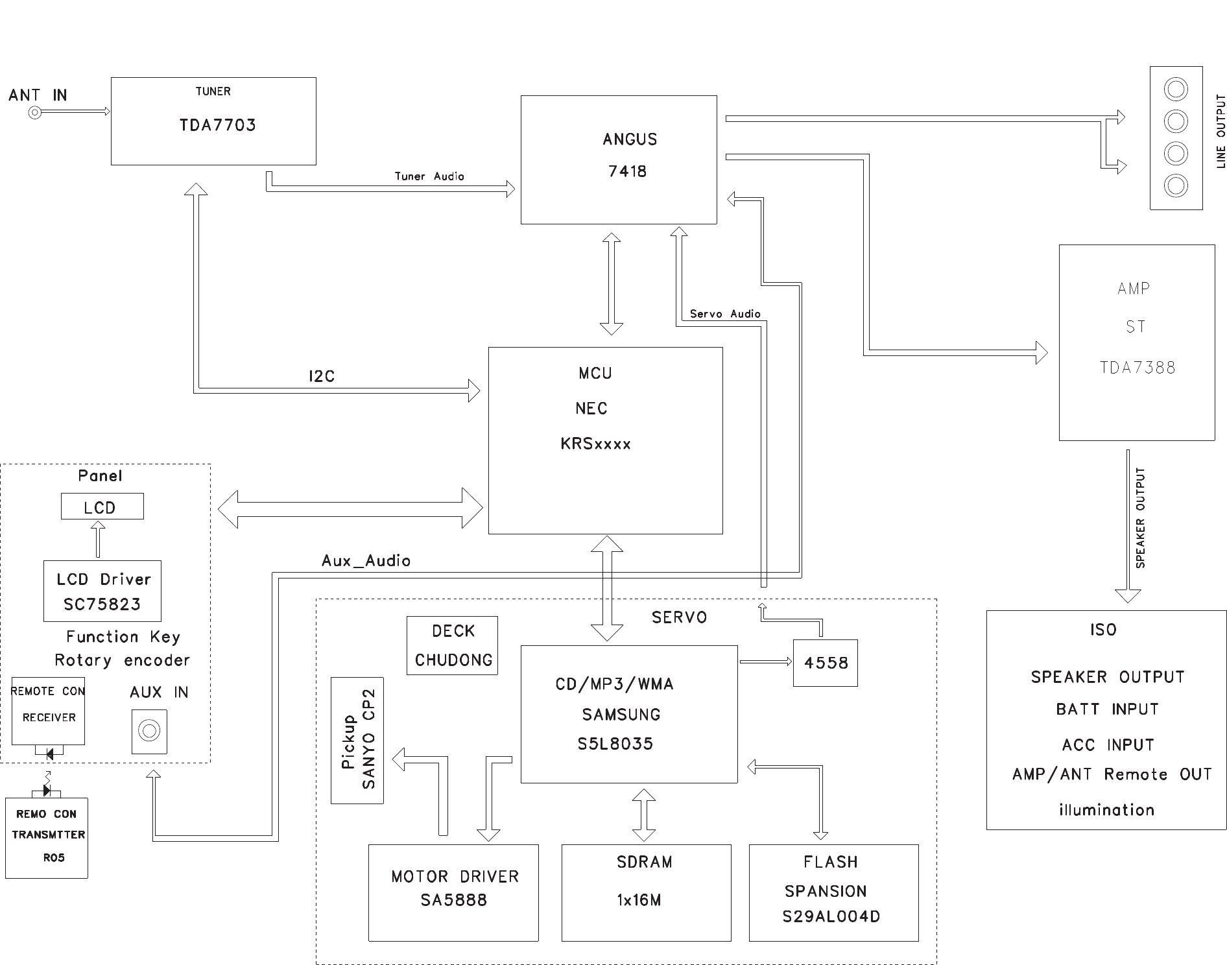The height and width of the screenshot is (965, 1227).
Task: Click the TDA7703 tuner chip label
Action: click(x=217, y=125)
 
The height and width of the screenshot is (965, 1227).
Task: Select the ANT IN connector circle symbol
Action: click(x=34, y=113)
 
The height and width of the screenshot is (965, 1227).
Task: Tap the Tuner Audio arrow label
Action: click(x=429, y=176)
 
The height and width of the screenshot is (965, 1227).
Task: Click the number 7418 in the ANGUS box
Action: click(x=627, y=171)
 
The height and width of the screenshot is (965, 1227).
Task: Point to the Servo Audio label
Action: click(x=725, y=314)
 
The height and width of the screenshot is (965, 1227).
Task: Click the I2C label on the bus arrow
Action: click(x=322, y=377)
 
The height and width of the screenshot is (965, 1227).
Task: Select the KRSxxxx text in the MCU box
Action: click(x=595, y=444)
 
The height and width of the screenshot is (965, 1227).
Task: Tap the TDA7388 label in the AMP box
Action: click(x=1138, y=368)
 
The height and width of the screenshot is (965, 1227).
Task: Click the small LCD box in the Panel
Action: click(x=102, y=506)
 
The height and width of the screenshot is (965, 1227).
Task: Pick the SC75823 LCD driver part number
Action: click(x=102, y=604)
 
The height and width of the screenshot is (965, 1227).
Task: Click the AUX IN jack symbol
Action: click(x=149, y=732)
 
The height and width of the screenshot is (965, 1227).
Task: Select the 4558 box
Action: click(x=826, y=663)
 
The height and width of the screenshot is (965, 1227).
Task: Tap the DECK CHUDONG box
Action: click(x=453, y=645)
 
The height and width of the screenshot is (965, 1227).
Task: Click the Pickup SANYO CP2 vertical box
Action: click(x=357, y=740)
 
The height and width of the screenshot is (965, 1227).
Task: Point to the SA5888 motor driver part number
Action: click(x=453, y=900)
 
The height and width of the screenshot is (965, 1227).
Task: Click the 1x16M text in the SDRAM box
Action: click(x=639, y=900)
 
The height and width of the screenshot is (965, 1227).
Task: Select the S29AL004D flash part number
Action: click(x=831, y=917)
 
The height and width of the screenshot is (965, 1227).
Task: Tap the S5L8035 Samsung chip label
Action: click(x=615, y=744)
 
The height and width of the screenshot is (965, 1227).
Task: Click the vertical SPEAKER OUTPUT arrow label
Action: click(x=1140, y=518)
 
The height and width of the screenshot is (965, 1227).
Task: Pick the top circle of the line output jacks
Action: click(x=1176, y=89)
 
